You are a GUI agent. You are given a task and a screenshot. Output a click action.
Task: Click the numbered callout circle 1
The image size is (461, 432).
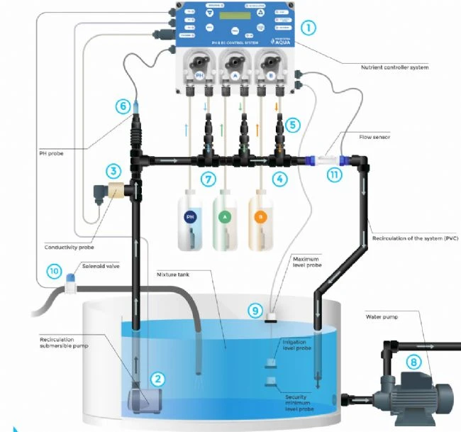tap(308, 29)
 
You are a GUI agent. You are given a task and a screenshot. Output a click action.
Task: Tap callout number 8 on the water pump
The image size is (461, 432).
tap(411, 360)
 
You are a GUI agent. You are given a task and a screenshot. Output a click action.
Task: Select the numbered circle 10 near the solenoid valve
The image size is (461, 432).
tap(53, 270)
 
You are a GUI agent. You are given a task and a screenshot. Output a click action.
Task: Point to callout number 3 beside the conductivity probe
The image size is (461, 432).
tap(113, 171)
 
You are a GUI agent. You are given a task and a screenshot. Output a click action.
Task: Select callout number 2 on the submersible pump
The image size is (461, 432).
tap(159, 379)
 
